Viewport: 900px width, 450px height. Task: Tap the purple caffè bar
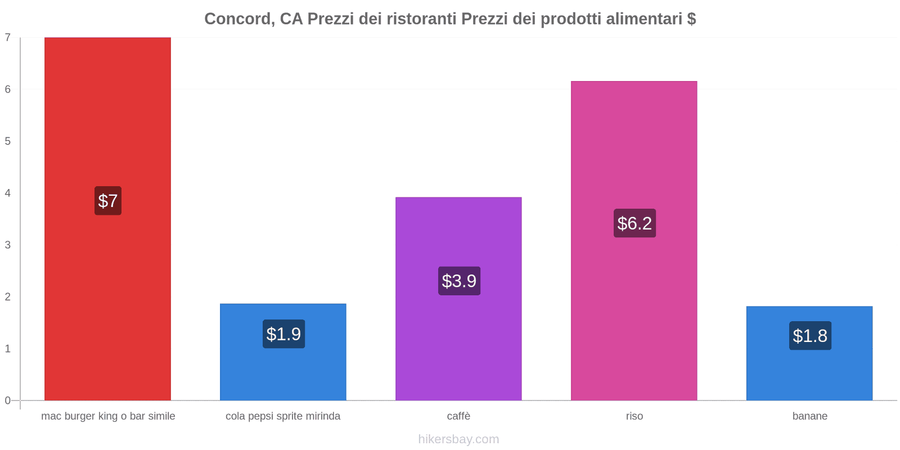coord(458,337)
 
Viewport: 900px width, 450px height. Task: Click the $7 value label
coord(108,201)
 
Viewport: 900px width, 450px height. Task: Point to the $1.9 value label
coord(283,334)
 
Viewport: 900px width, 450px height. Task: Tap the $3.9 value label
coord(459,281)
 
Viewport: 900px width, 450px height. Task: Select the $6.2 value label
coord(634,223)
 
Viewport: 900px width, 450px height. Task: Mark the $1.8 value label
coord(810,336)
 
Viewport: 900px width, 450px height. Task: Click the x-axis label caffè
coord(458,416)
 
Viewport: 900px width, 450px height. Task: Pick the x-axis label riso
coord(634,416)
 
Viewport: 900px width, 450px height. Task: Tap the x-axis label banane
coord(809,416)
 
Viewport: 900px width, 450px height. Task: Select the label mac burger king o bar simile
coord(108,416)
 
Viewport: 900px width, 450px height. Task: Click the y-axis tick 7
coord(8,38)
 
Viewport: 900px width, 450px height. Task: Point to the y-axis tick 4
coord(8,193)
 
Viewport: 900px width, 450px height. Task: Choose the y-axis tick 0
coord(8,400)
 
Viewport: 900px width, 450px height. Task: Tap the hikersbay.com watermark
coord(458,439)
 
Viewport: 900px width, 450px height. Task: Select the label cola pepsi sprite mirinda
coord(283,416)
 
